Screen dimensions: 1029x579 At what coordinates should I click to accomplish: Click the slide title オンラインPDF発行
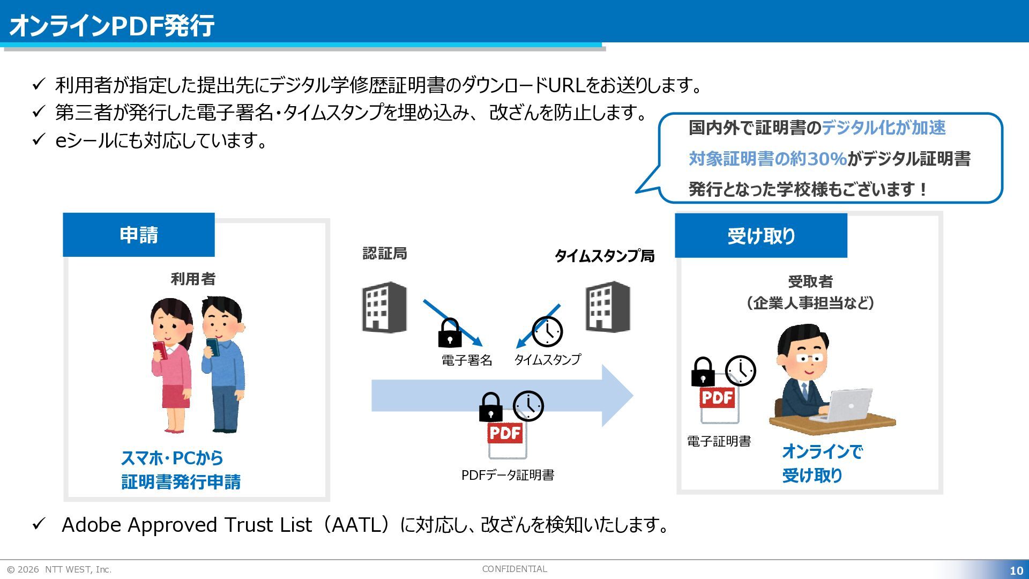point(111,25)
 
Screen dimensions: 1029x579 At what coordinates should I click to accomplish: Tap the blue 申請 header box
point(139,235)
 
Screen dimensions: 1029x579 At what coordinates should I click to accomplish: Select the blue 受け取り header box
point(761,236)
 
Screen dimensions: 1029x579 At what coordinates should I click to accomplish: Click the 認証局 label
point(385,253)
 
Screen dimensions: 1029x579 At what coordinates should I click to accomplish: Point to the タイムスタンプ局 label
point(605,256)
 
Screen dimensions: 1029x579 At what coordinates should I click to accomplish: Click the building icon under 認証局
point(384,307)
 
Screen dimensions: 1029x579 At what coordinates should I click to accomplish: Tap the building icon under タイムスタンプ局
point(608,307)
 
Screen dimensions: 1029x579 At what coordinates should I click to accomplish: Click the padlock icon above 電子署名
point(450,333)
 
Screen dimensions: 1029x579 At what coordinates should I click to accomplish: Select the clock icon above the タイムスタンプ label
point(547,331)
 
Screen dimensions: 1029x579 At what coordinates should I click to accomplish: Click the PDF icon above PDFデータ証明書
point(506,439)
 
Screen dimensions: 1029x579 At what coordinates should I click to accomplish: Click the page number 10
point(1016,570)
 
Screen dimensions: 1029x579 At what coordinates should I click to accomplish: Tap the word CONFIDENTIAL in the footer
point(514,569)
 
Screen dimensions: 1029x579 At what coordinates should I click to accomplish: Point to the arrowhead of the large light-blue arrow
point(617,396)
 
